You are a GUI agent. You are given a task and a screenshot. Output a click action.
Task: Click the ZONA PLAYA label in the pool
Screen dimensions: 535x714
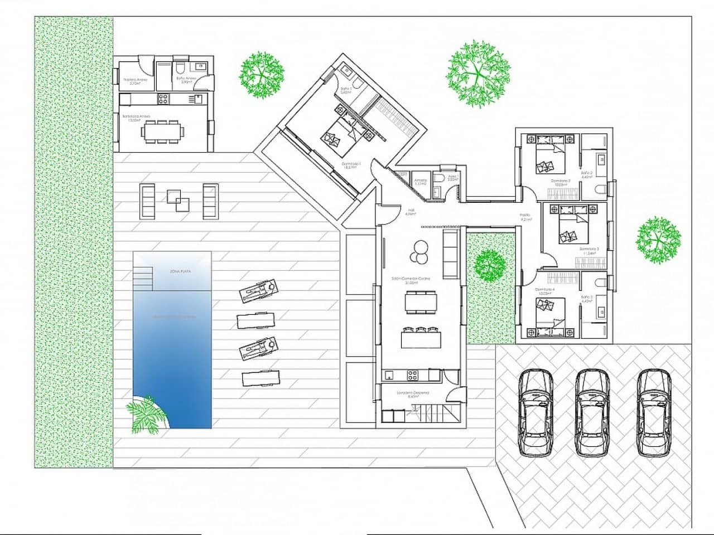[x=181, y=271]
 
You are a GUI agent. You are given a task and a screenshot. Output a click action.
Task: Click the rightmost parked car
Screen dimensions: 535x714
[x=654, y=412]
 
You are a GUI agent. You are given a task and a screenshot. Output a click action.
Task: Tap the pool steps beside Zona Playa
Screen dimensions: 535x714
[x=143, y=277]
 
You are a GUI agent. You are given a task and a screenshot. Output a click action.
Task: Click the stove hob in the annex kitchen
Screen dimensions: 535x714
[x=164, y=99]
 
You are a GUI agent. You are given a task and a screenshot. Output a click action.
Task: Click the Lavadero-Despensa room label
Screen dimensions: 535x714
[x=413, y=393]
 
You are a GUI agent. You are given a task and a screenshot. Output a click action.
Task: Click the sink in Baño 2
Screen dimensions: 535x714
[x=602, y=159]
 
